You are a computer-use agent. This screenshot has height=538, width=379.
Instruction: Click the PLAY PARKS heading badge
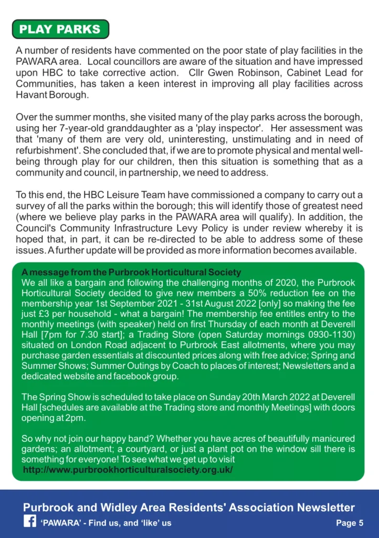click(60, 29)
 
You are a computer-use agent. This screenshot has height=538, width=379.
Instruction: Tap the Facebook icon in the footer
click(29, 522)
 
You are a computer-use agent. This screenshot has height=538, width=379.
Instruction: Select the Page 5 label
click(350, 523)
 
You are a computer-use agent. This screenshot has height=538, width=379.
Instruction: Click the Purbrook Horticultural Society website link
click(128, 469)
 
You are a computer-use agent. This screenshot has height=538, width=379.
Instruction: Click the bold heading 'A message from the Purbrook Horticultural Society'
click(131, 273)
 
